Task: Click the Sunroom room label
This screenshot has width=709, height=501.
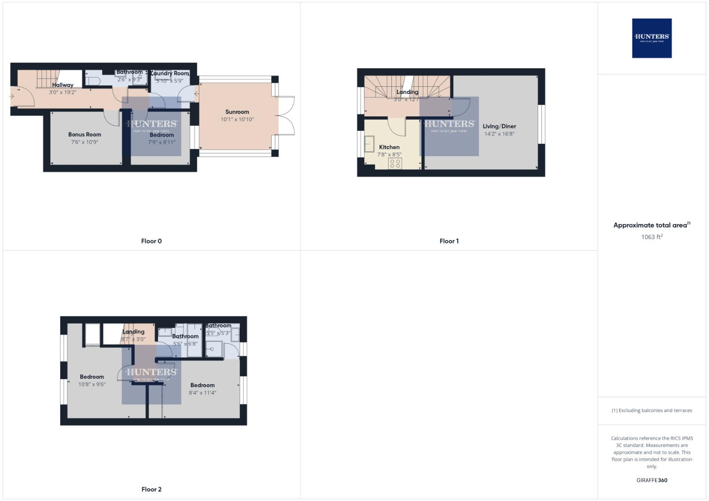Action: click(x=237, y=112)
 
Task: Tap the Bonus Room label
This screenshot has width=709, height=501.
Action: click(x=85, y=135)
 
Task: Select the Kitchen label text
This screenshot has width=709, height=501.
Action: click(x=389, y=147)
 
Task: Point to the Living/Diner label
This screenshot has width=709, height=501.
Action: click(x=499, y=126)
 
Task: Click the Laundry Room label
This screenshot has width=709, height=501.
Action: click(x=170, y=73)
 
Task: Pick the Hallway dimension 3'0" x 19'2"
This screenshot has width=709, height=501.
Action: click(x=63, y=92)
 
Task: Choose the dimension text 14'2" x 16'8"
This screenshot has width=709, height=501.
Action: click(x=499, y=134)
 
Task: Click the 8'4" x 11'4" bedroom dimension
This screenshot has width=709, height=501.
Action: click(x=202, y=393)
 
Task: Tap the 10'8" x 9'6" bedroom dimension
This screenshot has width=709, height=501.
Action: click(x=92, y=385)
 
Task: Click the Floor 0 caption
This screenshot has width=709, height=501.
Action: click(x=151, y=241)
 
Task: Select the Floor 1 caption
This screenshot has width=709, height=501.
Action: click(x=449, y=241)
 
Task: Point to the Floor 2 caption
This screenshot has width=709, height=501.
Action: click(x=151, y=489)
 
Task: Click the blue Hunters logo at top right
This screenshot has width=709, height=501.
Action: click(x=651, y=38)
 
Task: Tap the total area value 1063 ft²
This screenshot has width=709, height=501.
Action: click(x=651, y=237)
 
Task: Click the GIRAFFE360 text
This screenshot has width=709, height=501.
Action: click(x=651, y=481)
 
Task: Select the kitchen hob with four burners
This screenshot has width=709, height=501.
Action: click(x=395, y=163)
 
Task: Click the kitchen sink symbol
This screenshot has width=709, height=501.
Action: click(x=370, y=144)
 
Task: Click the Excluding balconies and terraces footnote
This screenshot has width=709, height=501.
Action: click(x=651, y=411)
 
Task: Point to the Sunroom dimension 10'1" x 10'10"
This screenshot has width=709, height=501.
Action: click(x=237, y=120)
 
